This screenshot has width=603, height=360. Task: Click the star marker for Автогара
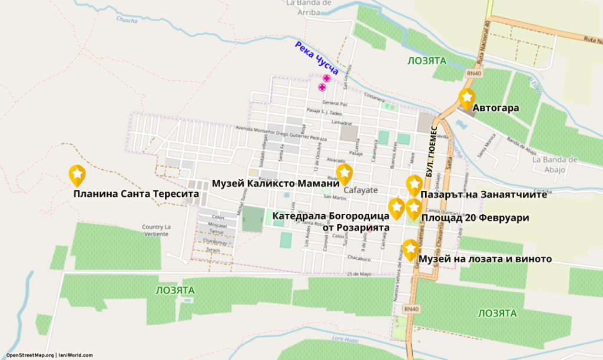click(466, 97)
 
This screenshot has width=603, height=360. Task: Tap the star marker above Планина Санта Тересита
click(77, 174)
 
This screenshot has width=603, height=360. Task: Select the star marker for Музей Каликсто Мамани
click(344, 173)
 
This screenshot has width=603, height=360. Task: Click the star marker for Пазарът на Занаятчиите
click(415, 184)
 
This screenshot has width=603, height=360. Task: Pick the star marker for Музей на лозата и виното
click(410, 248)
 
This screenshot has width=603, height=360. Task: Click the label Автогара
click(496, 108)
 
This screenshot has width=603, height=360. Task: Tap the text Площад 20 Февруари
click(475, 218)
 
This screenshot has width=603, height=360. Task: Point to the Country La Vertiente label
click(156, 230)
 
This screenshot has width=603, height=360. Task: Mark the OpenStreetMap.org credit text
click(29, 355)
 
